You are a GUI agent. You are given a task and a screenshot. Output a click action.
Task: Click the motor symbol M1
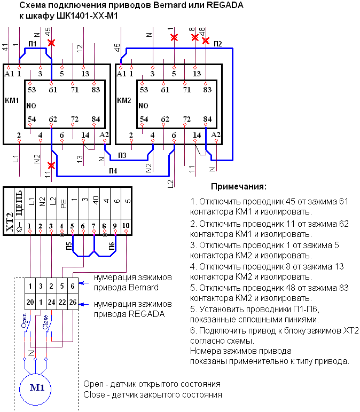point(35,389)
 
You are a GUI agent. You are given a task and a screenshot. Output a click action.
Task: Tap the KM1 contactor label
point(12,100)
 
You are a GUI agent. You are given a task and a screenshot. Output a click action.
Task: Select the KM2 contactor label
point(124,100)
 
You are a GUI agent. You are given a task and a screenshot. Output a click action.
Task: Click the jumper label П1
point(33,44)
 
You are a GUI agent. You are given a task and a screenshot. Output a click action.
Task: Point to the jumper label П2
point(218,44)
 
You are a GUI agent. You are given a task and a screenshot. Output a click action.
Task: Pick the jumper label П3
point(122,155)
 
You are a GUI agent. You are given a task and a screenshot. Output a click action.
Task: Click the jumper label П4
point(113,171)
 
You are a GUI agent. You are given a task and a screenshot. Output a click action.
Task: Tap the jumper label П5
point(68,246)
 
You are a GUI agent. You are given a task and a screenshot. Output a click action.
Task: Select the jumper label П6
point(112,246)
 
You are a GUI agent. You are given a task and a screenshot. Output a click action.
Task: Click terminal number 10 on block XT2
point(126,225)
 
